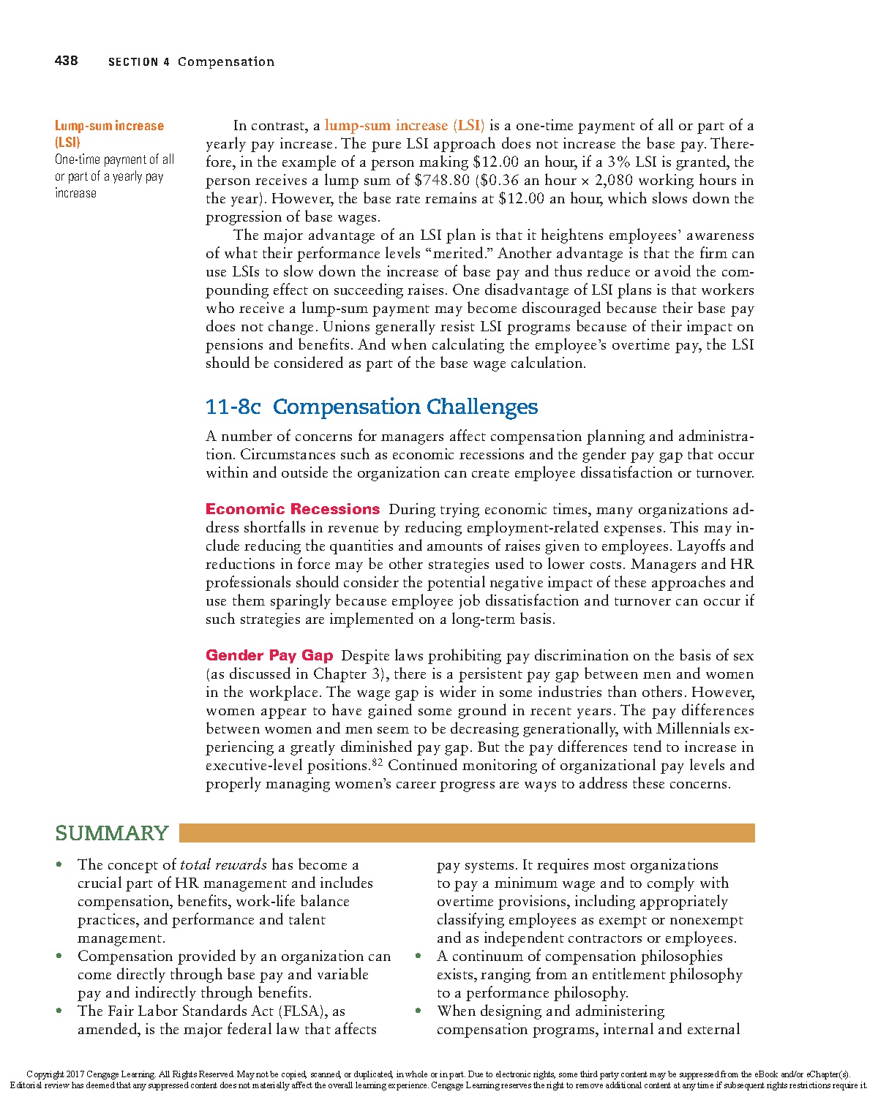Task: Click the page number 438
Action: (66, 61)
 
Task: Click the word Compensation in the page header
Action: (226, 61)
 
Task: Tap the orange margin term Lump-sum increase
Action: (109, 126)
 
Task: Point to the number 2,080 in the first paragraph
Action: (614, 181)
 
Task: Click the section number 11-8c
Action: (233, 407)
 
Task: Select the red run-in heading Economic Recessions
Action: (293, 509)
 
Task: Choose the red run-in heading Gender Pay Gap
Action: (269, 655)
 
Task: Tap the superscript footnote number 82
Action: (378, 762)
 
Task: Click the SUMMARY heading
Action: (112, 833)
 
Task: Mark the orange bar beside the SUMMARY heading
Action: (467, 833)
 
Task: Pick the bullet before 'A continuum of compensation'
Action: (419, 956)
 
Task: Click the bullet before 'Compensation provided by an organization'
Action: (59, 956)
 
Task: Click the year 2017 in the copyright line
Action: (75, 1074)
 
